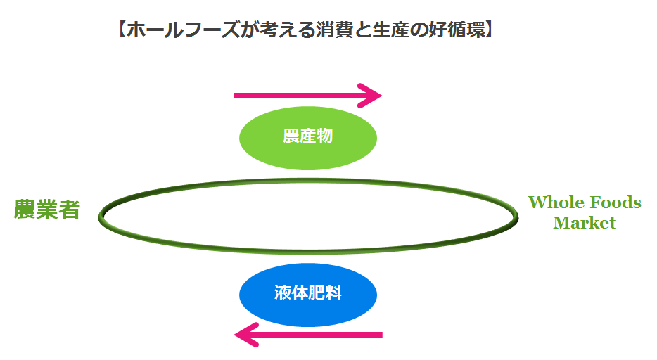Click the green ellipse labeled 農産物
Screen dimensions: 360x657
point(308,138)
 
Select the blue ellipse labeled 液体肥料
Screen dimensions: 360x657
point(308,295)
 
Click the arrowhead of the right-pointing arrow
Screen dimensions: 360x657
point(371,95)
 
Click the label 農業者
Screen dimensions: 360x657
point(46,210)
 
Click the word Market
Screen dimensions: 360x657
point(584,223)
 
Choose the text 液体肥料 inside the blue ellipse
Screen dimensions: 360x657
point(308,293)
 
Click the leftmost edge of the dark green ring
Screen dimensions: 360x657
point(101,215)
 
